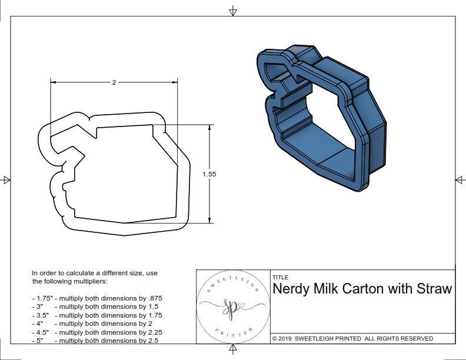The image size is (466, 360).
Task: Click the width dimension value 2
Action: [114, 82]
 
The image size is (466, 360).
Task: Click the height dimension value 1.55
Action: [209, 174]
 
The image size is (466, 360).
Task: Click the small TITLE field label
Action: [279, 277]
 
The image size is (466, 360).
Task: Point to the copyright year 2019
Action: [286, 338]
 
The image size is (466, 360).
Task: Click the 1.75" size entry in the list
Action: [42, 298]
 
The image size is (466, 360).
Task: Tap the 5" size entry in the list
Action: [39, 340]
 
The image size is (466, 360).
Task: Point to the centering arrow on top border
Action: [234, 11]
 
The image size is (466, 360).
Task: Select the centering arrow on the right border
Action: [460, 179]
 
